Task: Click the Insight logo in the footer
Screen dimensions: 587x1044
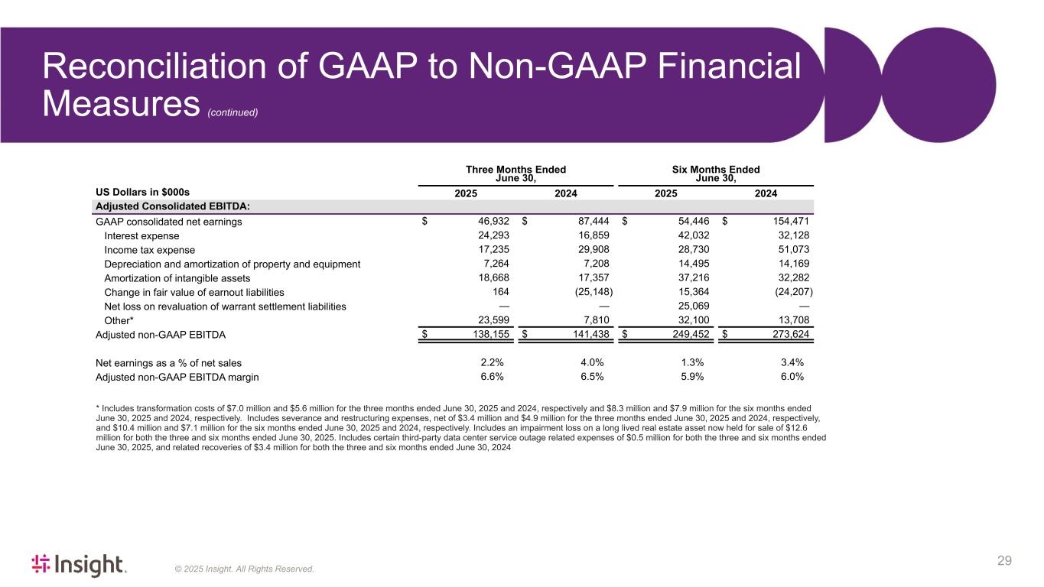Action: tap(78, 565)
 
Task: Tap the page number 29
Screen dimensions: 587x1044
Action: tap(1004, 562)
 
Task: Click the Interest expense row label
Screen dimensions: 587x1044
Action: tap(141, 235)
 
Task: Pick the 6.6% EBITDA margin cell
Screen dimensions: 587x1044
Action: tap(491, 377)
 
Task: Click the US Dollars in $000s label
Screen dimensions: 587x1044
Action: tap(142, 192)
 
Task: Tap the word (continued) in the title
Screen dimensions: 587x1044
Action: tap(233, 112)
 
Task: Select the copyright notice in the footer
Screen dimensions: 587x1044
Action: tap(245, 569)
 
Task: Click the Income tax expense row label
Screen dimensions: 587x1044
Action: tap(149, 250)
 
